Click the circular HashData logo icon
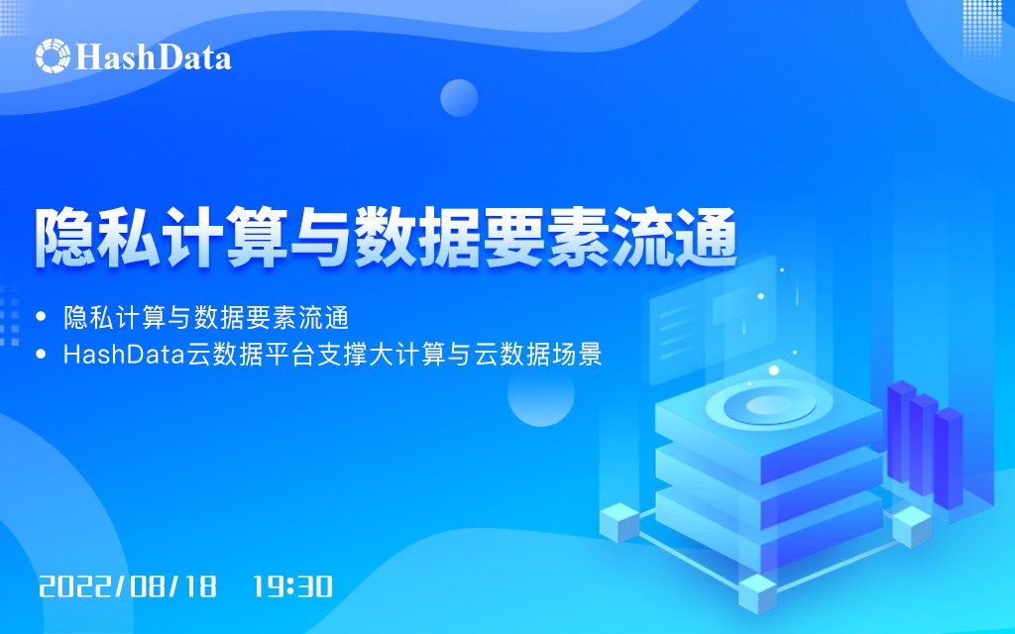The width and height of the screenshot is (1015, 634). [54, 55]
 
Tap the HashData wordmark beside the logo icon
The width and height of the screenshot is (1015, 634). [154, 56]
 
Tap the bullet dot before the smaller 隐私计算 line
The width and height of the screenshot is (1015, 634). [41, 318]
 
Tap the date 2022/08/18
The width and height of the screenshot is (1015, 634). [127, 585]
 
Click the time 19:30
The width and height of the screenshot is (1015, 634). [292, 585]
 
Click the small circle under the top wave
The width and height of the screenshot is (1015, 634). [459, 98]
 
